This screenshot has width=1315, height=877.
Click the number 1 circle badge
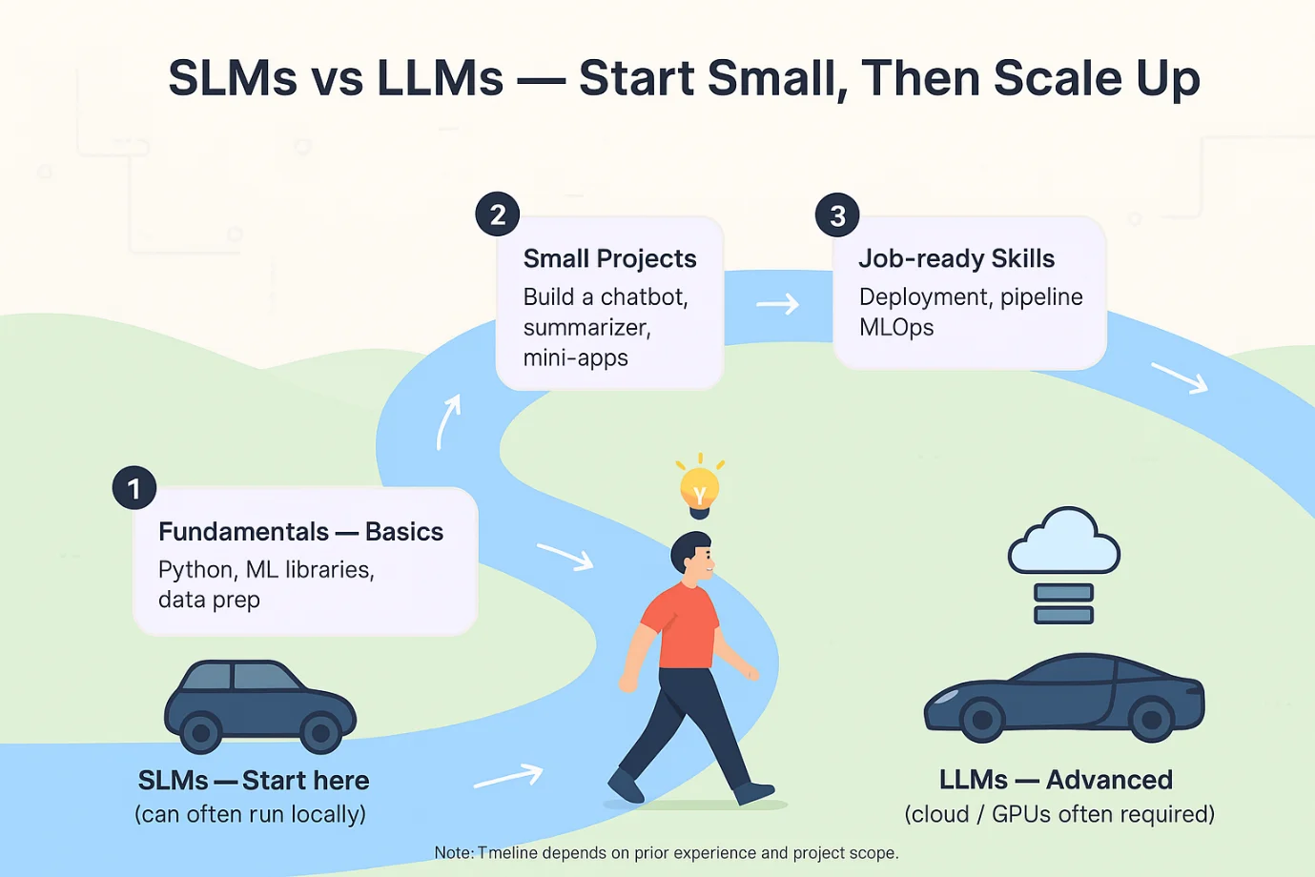(x=134, y=488)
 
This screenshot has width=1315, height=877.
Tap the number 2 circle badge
(x=498, y=214)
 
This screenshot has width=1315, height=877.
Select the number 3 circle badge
(x=837, y=215)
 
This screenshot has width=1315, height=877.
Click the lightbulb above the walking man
(x=699, y=489)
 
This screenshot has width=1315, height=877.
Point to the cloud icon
(x=1063, y=542)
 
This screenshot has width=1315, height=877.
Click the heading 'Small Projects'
(x=609, y=259)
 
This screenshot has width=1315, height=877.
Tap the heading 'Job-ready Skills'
(x=955, y=259)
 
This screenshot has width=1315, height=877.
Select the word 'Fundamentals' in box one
(x=243, y=532)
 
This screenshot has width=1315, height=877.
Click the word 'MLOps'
(x=895, y=328)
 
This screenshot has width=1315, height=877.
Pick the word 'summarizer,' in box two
(x=586, y=328)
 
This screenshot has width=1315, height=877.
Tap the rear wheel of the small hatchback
(x=201, y=733)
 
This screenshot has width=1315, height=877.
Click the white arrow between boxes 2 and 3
(x=778, y=305)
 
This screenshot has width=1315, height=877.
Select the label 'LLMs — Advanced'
(x=1056, y=780)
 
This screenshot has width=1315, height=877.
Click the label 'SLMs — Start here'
(x=254, y=781)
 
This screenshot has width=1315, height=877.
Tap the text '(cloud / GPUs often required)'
(x=1059, y=814)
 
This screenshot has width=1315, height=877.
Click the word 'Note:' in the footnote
(x=453, y=853)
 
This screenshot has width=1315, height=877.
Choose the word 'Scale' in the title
(x=1057, y=78)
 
